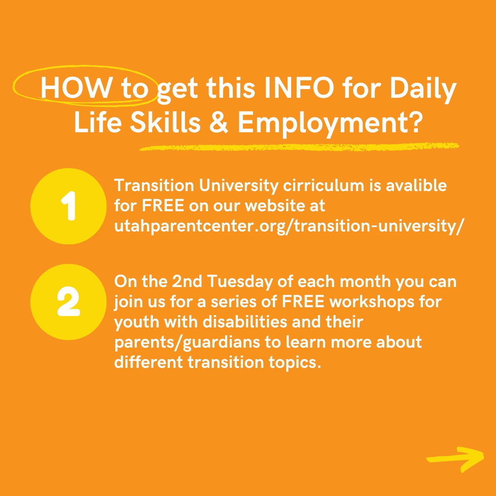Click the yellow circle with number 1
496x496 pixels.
tap(68, 206)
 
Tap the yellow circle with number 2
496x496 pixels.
tap(68, 302)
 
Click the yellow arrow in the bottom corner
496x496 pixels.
tap(456, 459)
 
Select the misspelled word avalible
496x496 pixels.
tap(414, 186)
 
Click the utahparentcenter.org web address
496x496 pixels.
tap(287, 226)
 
